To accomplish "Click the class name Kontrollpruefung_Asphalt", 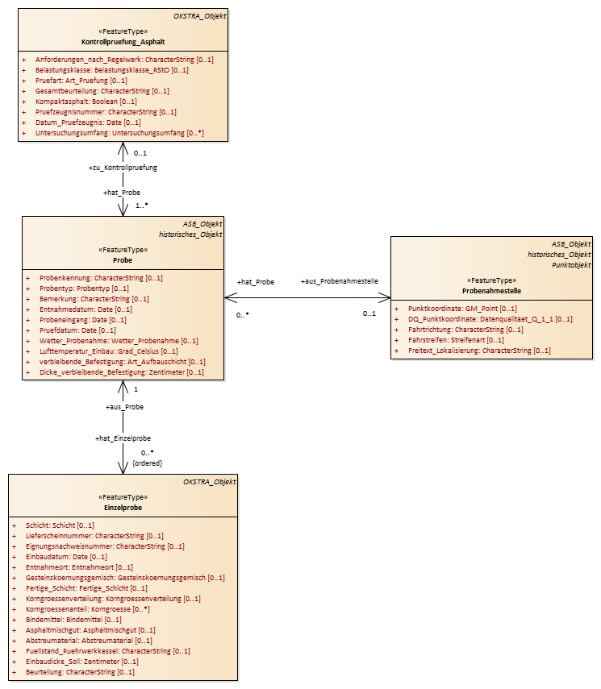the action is click(x=123, y=42).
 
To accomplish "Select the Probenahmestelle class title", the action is click(x=491, y=290).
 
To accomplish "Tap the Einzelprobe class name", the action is click(x=123, y=508).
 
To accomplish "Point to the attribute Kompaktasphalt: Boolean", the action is click(x=86, y=102).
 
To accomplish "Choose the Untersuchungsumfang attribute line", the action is click(x=119, y=133).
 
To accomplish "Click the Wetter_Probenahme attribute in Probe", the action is click(x=119, y=341).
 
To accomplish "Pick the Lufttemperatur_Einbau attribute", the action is click(x=109, y=351).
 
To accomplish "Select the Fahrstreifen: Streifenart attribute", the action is click(x=456, y=340).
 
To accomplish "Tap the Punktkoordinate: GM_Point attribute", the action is click(x=462, y=309).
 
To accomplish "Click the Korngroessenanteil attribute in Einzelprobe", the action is click(x=88, y=609).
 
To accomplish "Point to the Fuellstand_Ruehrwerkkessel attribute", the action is click(x=108, y=651).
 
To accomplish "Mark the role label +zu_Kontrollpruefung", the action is click(x=123, y=168).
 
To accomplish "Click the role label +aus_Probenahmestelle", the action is click(x=339, y=281).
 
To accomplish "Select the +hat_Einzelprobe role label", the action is click(x=123, y=438).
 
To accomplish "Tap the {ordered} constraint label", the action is click(x=148, y=463).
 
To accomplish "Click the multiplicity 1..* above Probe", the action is click(x=142, y=205).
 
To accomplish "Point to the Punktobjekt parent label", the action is click(x=571, y=265).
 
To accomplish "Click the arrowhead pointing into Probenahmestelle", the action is click(x=386, y=298).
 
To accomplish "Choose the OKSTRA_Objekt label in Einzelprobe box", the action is click(x=210, y=482).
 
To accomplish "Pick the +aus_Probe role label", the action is click(x=124, y=407).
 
